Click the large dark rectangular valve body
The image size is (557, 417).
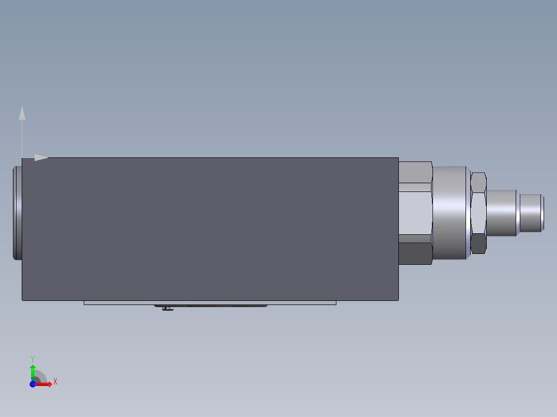[x=207, y=227]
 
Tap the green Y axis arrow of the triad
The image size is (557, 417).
[x=33, y=370]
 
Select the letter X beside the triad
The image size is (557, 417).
[x=55, y=382]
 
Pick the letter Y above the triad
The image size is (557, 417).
[x=32, y=358]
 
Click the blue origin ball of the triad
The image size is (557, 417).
[x=33, y=384]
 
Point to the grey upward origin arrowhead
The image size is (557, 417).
[x=22, y=113]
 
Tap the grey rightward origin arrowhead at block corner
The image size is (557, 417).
[x=41, y=157]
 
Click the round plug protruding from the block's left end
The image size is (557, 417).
[x=17, y=213]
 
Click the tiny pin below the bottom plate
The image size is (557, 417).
[x=167, y=309]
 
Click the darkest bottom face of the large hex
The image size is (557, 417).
[x=415, y=253]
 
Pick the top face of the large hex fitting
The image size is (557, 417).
[x=415, y=171]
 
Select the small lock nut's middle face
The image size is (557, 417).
[x=478, y=213]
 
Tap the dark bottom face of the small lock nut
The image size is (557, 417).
[x=478, y=244]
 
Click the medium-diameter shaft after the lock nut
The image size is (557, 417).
[x=501, y=213]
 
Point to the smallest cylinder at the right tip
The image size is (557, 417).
[x=531, y=213]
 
